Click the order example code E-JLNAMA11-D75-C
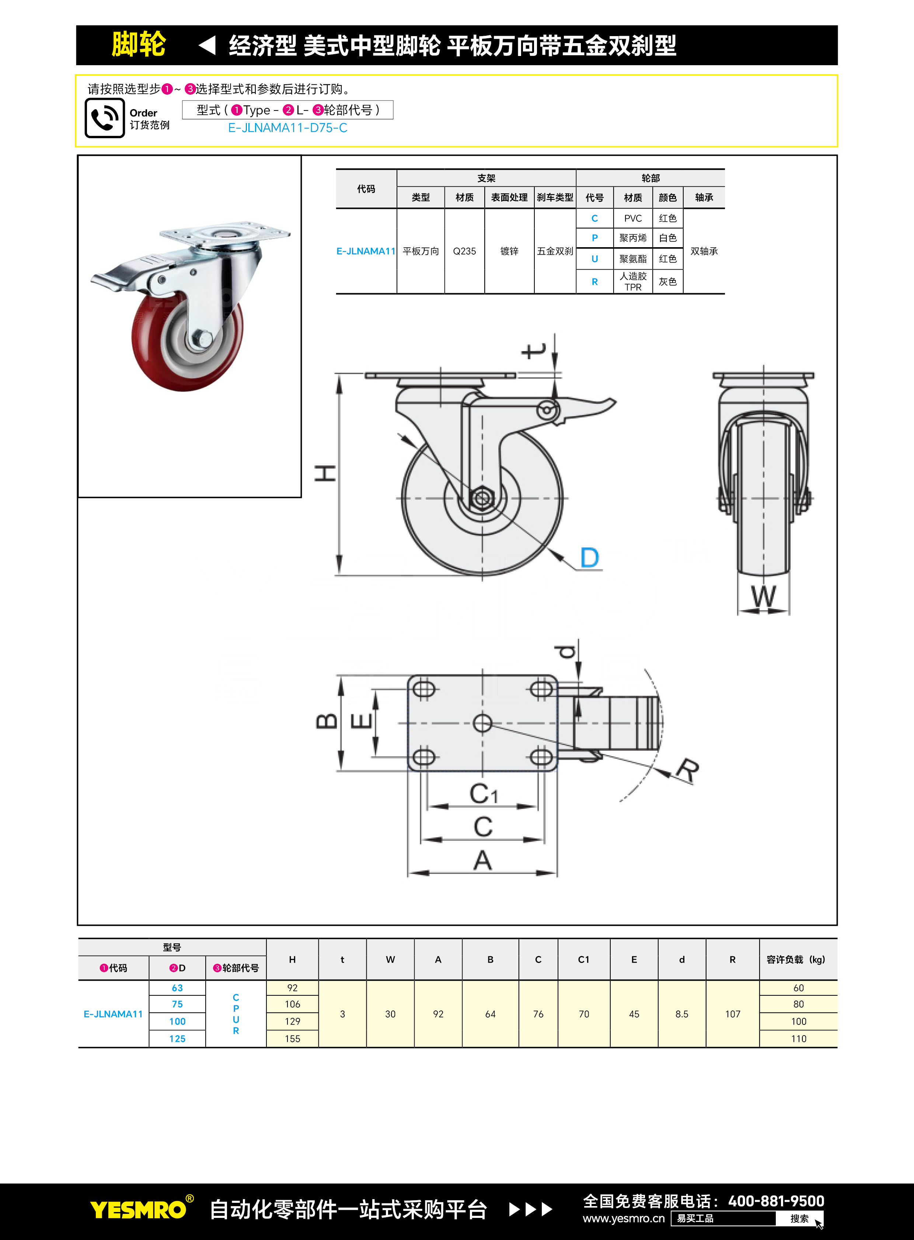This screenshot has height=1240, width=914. pos(287,128)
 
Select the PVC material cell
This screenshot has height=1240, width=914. pos(632,218)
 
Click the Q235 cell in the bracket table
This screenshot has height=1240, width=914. pos(464,251)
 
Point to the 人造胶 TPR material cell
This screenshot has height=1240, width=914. pos(632,281)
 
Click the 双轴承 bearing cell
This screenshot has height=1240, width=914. pos(704,251)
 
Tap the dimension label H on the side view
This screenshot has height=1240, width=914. pos(325,473)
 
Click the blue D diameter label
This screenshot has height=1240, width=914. pos(590,557)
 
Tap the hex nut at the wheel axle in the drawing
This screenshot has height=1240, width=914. pos(481,498)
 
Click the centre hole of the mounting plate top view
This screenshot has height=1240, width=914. pos(482,723)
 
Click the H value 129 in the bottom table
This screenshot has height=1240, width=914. pos(292,1022)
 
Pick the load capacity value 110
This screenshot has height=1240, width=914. pos(798,1039)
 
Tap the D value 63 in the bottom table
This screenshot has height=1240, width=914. pos(177,988)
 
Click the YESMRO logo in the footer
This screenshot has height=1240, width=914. pos(138,1209)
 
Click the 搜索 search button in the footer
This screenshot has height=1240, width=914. pos(799,1218)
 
